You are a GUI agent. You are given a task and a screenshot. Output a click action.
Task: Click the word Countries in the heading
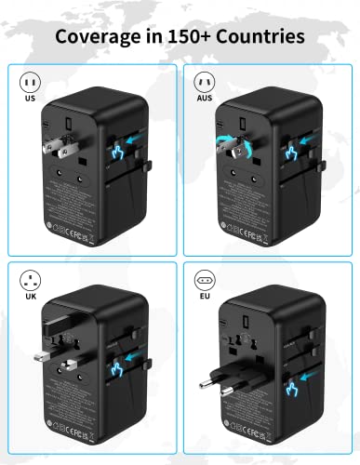[257, 37]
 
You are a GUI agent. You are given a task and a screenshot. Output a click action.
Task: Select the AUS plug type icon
[204, 82]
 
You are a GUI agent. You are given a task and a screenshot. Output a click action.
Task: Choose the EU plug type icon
[204, 279]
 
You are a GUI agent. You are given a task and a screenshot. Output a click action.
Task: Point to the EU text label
[204, 297]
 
